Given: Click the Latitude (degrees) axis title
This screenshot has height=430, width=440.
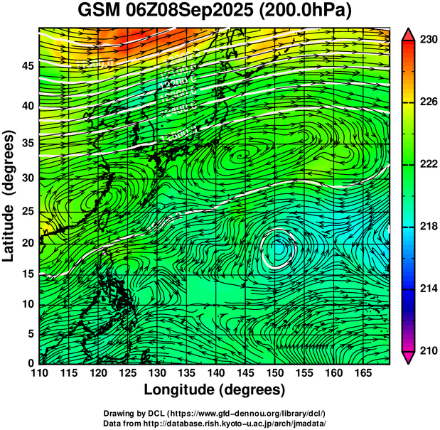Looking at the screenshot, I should [x=9, y=195].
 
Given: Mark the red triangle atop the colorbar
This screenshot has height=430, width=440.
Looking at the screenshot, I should [x=410, y=35].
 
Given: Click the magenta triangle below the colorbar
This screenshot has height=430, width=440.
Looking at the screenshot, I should [x=410, y=358].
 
